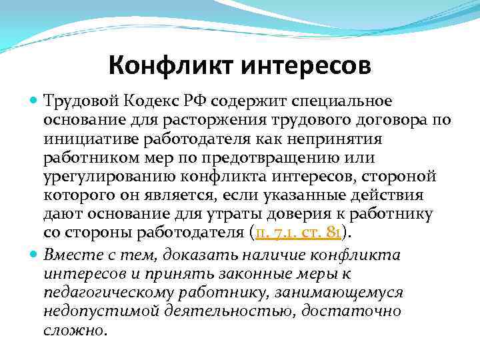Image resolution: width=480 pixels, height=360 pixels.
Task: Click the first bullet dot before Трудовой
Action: (35, 101)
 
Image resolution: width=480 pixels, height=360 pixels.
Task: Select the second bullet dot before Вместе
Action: (35, 254)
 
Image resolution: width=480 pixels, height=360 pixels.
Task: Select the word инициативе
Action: (83, 139)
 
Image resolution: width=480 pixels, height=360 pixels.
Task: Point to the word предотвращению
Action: (283, 158)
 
